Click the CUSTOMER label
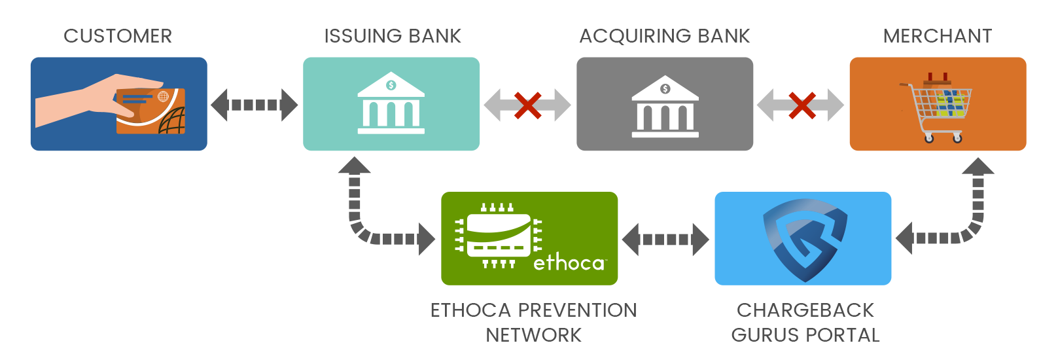pos(118,37)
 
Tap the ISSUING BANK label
pos(393,37)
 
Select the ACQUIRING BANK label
pos(665,37)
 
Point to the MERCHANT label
pos(937,37)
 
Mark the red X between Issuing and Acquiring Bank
pos(527,105)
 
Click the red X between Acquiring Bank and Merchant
pos(802,105)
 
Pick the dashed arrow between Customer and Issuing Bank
pos(255,105)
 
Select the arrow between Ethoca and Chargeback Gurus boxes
pos(665,240)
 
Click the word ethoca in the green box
pos(569,263)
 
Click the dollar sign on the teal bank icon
pos(391,85)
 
